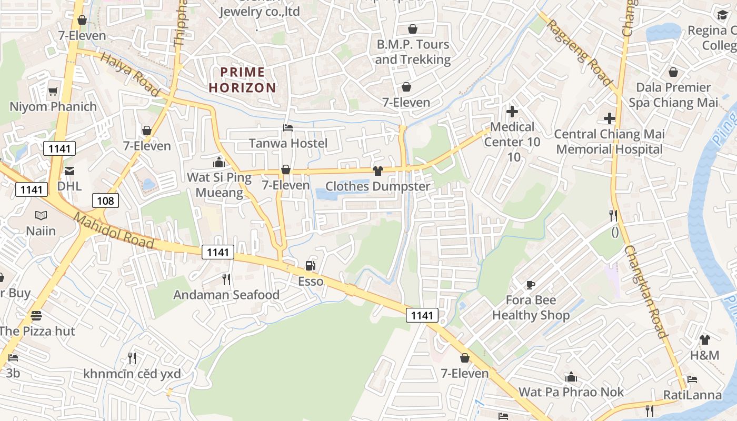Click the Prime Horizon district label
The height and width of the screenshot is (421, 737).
pos(243,79)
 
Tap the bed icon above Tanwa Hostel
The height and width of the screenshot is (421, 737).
pos(287,128)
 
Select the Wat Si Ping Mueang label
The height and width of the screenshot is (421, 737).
pos(219,185)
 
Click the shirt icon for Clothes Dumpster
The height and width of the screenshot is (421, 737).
pos(377,171)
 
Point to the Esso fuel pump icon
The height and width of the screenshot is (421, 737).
pos(310,266)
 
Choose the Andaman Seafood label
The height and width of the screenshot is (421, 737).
pos(226,295)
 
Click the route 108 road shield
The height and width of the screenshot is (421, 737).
pos(105,200)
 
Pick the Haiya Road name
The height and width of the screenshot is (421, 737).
pos(130,75)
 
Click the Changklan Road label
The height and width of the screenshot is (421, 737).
pos(646,292)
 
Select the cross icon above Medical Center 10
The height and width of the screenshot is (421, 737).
pos(512,112)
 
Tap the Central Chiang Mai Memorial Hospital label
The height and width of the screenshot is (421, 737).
pos(609,142)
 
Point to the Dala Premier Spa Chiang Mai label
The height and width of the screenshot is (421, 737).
pos(673,95)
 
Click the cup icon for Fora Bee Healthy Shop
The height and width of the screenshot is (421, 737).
pos(531,285)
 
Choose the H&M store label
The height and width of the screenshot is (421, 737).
pos(704,355)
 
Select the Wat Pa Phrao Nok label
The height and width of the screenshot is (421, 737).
pos(571,392)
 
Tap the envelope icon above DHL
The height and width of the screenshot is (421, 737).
pos(69,171)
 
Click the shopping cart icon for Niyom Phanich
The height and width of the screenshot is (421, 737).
pos(53,92)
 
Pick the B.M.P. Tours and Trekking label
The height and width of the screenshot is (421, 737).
pos(413,52)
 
